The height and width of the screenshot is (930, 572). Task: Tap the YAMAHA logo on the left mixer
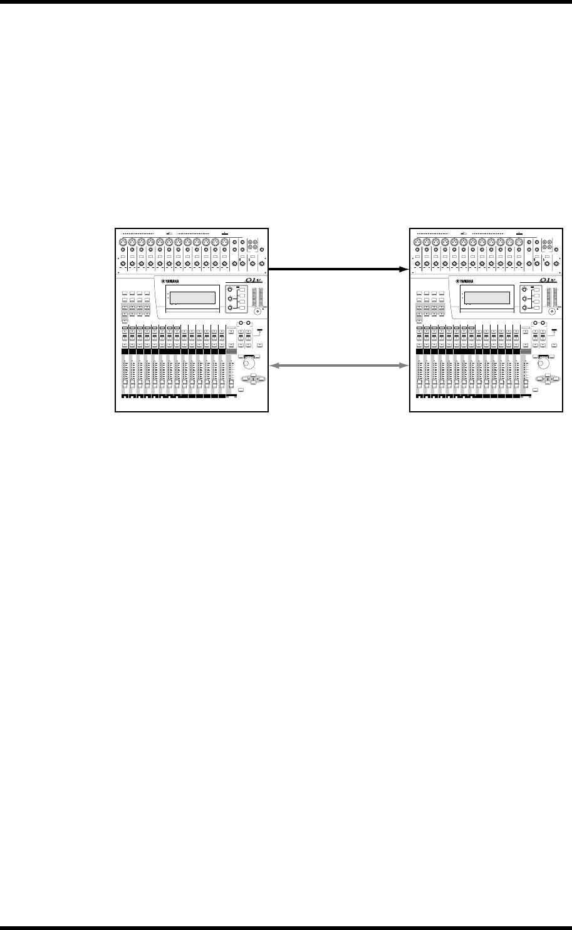pos(174,280)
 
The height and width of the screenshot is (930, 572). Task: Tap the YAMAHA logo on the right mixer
pos(467,280)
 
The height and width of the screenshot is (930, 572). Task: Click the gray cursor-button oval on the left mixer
pos(252,378)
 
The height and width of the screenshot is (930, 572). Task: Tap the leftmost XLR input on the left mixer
pos(123,242)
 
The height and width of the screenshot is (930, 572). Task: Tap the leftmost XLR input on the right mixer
pos(416,242)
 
